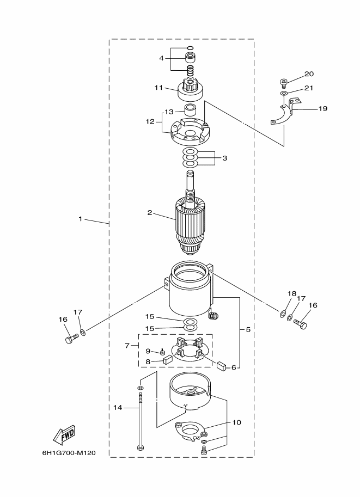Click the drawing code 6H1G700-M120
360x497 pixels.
tap(69, 453)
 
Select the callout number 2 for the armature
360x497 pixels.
tap(150, 213)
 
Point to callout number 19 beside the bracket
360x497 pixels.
tap(322, 109)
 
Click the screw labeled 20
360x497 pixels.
tap(284, 82)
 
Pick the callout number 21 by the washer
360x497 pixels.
tap(309, 88)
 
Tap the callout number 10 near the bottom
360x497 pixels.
tap(236, 422)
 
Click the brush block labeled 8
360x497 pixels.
tap(167, 360)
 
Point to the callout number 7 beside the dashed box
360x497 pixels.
tap(127, 346)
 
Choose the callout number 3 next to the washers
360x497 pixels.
tap(224, 158)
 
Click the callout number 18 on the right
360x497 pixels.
tap(292, 293)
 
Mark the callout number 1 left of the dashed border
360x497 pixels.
tap(81, 219)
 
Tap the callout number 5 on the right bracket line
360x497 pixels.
tap(248, 329)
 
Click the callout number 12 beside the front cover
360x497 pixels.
tap(150, 121)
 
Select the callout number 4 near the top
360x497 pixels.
tap(161, 58)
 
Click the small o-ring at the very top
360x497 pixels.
tap(190, 48)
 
